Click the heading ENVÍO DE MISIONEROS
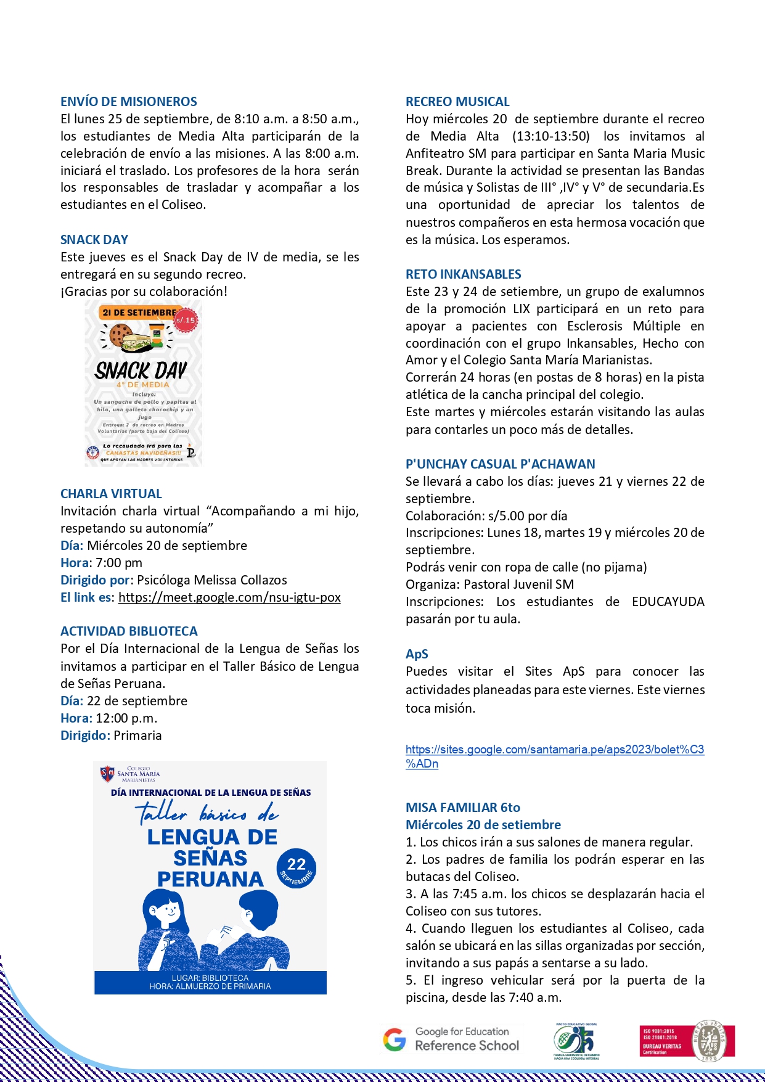pos(129,102)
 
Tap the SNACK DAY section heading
pos(94,240)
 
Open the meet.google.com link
pos(229,597)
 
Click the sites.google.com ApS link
pos(554,750)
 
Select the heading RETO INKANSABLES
pos(463,274)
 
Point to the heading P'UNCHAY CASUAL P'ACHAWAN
pos(500,464)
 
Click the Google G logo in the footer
pos(395,1039)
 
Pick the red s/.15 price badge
pos(186,320)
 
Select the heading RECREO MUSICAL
pos(457,102)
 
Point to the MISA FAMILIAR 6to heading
pos(462,808)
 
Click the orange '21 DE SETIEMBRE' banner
pos(138,313)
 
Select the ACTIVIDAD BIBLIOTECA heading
pos(129,631)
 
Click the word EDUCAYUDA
pos(668,602)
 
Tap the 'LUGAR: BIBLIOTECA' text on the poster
pos(210,978)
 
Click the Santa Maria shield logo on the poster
pos(107,773)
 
